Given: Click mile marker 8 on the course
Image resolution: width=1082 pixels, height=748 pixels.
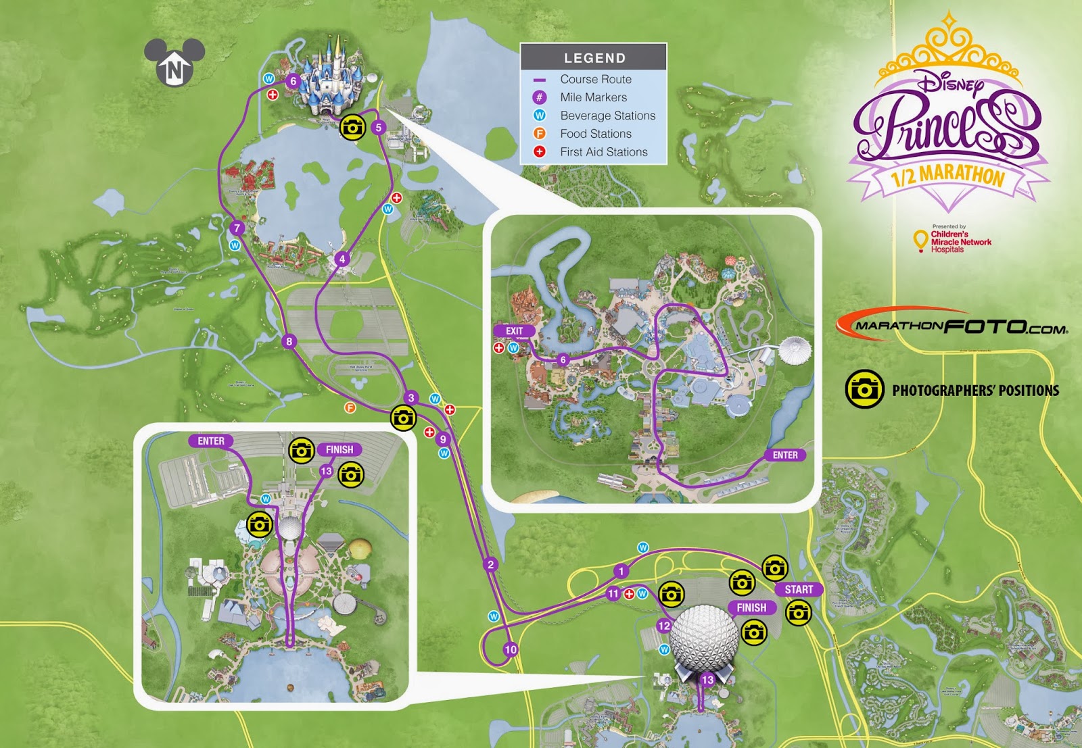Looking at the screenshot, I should [x=289, y=341].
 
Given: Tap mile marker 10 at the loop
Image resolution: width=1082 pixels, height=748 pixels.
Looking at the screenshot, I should [x=511, y=649].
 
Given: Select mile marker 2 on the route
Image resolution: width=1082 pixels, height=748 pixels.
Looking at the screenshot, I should [x=491, y=565].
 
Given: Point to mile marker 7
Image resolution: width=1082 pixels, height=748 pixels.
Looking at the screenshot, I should [x=237, y=228].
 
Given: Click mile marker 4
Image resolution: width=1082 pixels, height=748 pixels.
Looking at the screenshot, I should [x=342, y=259].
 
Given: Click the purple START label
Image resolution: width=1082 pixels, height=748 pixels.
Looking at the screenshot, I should [x=799, y=589].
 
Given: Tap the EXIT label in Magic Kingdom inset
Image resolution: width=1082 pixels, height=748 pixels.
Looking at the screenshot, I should [x=515, y=331].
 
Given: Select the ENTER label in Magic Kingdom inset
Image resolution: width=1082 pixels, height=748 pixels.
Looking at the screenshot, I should [x=785, y=455].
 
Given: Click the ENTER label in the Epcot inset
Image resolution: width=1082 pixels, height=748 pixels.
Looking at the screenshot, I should [x=211, y=441].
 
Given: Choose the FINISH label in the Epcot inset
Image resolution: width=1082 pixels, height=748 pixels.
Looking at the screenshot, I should [x=339, y=449].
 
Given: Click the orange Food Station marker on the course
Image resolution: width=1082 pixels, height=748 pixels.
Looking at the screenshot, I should [x=350, y=407].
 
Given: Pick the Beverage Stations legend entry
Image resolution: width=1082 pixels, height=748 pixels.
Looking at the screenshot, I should [x=607, y=116].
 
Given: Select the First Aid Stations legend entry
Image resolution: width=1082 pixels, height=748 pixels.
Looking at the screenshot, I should [x=603, y=152].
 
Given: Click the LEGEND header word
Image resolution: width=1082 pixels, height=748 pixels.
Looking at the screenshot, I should [x=594, y=58].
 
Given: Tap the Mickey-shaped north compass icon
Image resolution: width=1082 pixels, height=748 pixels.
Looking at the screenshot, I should [x=174, y=63].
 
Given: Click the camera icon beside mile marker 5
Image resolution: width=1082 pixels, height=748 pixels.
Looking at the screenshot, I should [x=352, y=127].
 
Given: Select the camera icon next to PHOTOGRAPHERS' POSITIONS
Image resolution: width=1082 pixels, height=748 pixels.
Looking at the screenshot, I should [x=864, y=389].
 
